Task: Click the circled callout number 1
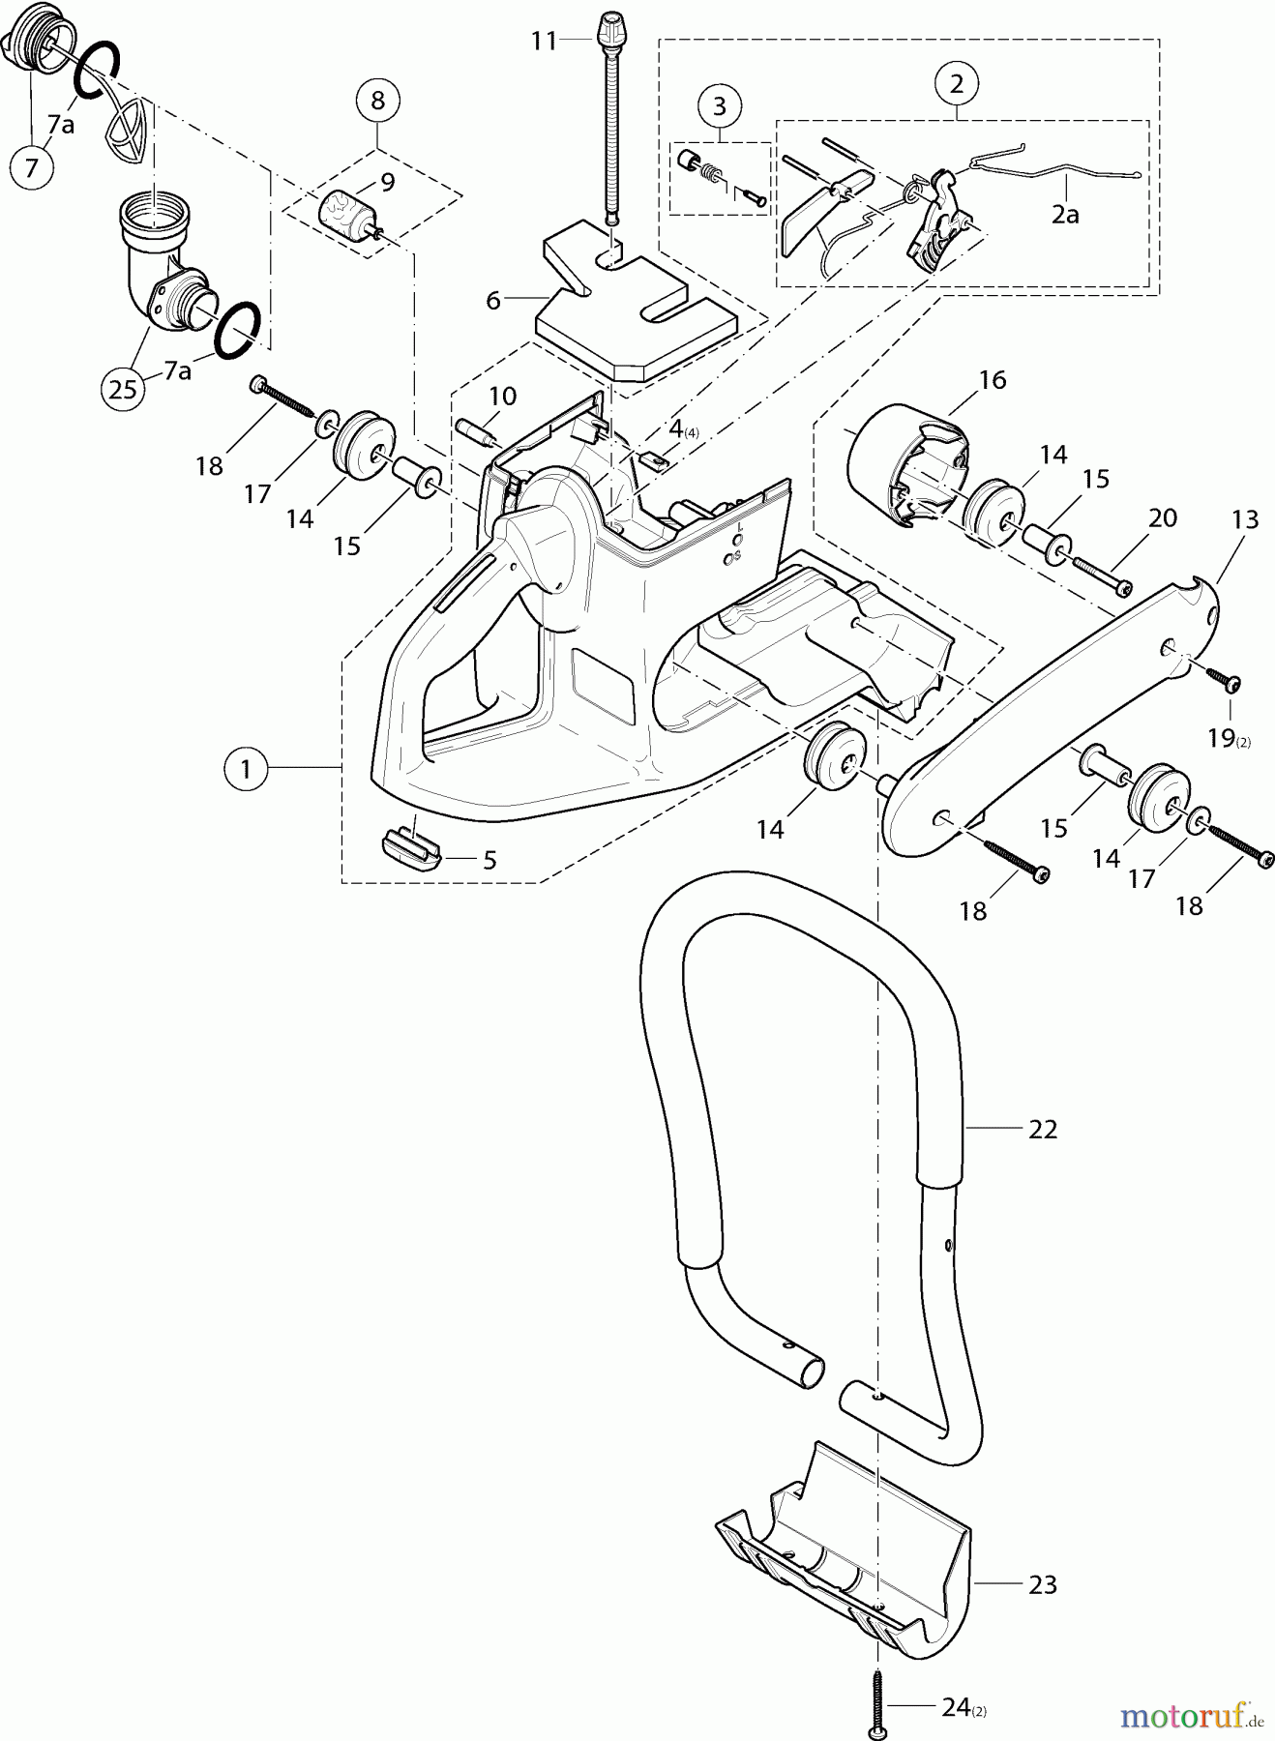click(x=246, y=769)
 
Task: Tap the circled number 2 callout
click(x=956, y=84)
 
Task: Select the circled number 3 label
click(x=719, y=105)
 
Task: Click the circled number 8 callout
click(x=377, y=100)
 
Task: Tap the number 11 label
click(x=545, y=41)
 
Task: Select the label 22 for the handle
click(x=1042, y=1129)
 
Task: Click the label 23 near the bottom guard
click(x=1042, y=1584)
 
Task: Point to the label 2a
click(x=1065, y=215)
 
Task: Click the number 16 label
click(x=993, y=380)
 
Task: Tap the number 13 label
click(x=1245, y=519)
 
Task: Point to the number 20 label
click(x=1162, y=517)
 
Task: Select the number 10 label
click(x=502, y=396)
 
